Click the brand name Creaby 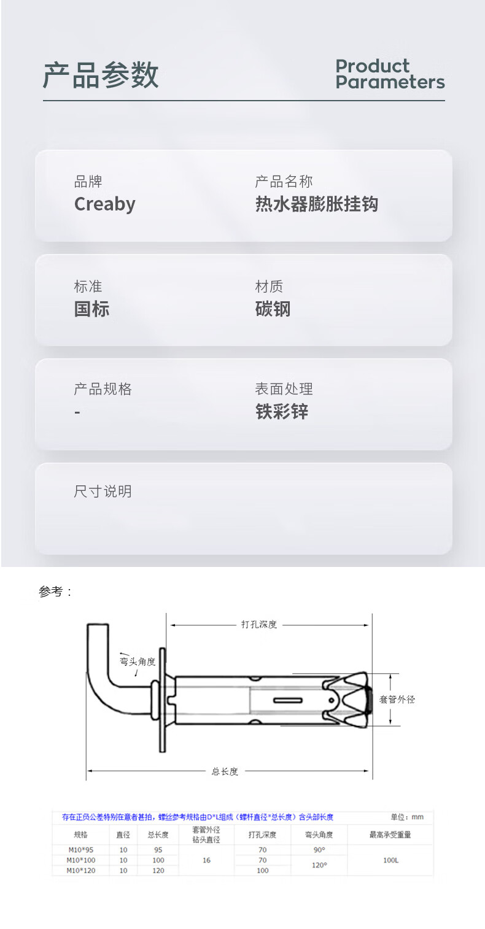coord(105,204)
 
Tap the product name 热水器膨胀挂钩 coord(316,204)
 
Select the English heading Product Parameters coord(389,74)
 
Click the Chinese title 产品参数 coord(101,75)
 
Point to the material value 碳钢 coord(273,309)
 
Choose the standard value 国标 coord(91,309)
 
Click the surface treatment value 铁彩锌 coord(281,411)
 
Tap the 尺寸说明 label coord(103,491)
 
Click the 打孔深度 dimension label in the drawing coord(258,625)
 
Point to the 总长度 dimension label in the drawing coord(225,771)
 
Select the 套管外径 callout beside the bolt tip coord(397,699)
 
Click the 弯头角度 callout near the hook coord(138,661)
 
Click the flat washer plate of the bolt coord(163,699)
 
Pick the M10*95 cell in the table coord(80,850)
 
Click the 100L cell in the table coord(390,860)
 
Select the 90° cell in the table coord(319,850)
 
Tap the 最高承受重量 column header coord(390,835)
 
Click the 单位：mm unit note coord(407,817)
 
